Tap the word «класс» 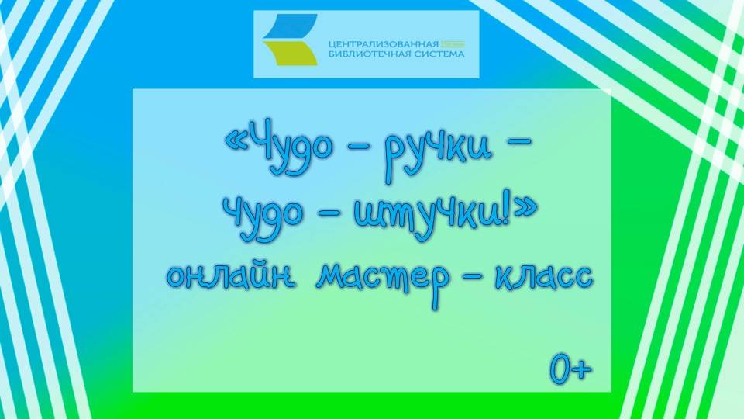tap(544, 276)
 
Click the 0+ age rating tap(571, 368)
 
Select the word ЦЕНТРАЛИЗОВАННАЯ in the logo tap(384, 44)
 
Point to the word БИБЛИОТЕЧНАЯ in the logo tap(369, 54)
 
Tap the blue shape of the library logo tap(290, 26)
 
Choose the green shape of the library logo tap(290, 53)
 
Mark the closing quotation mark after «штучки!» tap(525, 211)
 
